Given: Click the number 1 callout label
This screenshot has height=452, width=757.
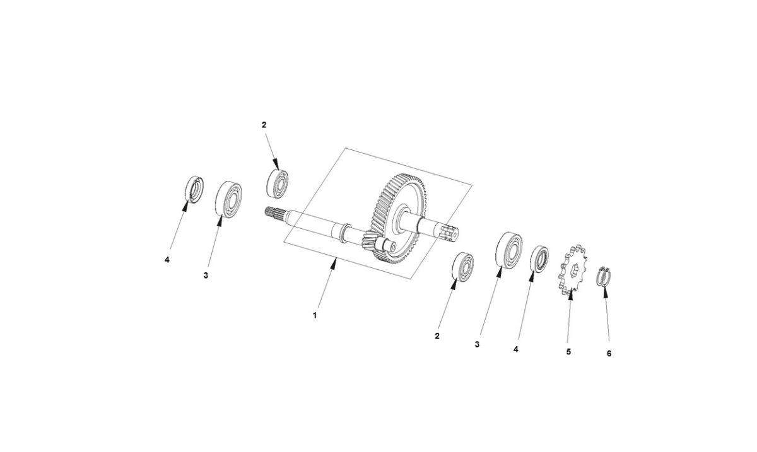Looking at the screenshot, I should click(315, 315).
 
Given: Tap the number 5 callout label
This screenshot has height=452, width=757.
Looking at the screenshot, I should click(568, 351).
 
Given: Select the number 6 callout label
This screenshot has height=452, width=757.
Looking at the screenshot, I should click(609, 354).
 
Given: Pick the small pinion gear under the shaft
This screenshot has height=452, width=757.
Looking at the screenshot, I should click(371, 242).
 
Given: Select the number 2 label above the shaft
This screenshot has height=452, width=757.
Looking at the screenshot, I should click(264, 125).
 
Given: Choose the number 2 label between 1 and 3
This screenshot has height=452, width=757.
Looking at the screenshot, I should click(437, 337).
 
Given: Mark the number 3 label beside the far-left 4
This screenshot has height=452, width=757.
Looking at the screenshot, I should click(206, 275).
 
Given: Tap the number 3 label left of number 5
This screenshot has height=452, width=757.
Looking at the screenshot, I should click(478, 345).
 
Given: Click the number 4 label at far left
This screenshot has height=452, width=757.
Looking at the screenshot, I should click(167, 259).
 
